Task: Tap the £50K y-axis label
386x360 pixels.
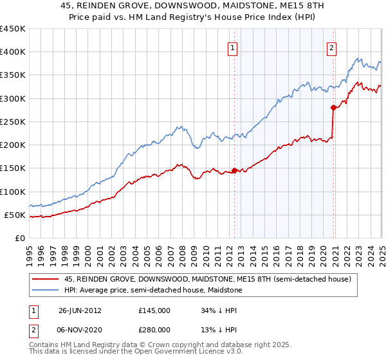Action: coord(14,215)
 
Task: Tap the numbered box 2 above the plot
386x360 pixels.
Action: coord(331,47)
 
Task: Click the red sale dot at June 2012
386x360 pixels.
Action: coord(234,170)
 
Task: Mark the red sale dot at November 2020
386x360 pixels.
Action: coord(333,107)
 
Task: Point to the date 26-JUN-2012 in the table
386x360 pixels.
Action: coord(80,310)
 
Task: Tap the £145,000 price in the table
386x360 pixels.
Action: coord(154,310)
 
